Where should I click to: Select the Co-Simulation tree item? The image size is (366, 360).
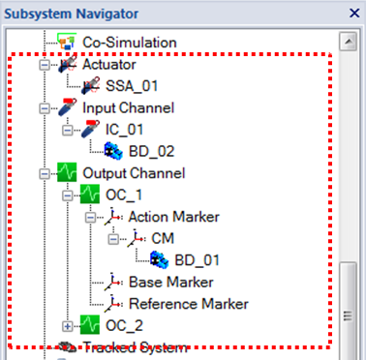coord(128,43)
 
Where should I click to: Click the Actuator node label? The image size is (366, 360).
coord(108,65)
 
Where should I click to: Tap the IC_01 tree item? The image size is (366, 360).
coord(125,129)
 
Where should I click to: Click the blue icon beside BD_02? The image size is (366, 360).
coord(112,150)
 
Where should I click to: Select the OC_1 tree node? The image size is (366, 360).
coord(125,195)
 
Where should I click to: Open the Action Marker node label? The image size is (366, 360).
coord(173,216)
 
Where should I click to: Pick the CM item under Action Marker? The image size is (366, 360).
coord(163,237)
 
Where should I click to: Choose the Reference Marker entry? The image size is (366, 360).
coord(188,303)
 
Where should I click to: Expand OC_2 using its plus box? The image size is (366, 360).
coord(67,325)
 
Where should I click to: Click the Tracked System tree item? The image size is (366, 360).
coord(135,346)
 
